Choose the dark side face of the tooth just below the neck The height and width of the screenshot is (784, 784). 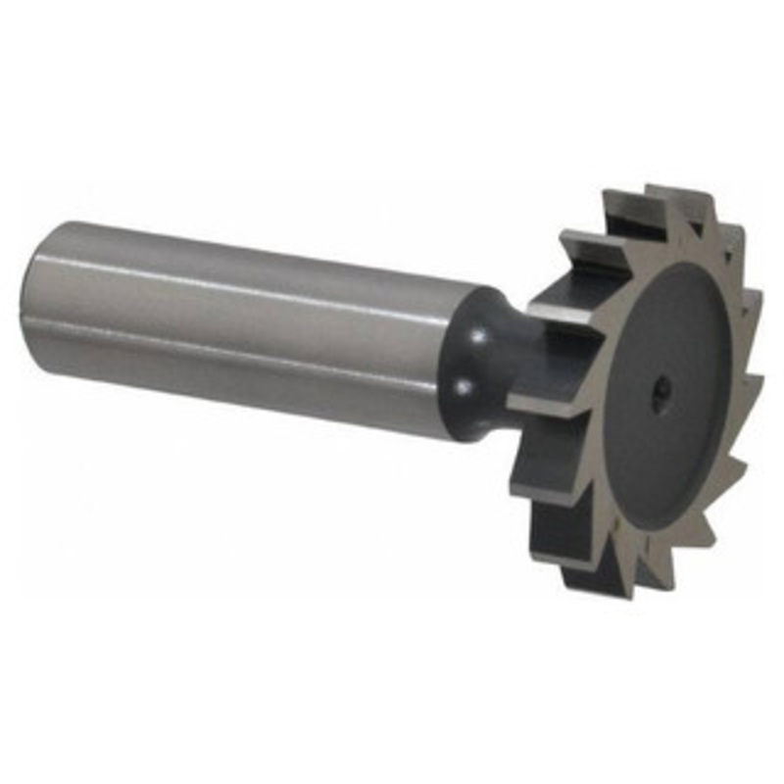549,431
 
